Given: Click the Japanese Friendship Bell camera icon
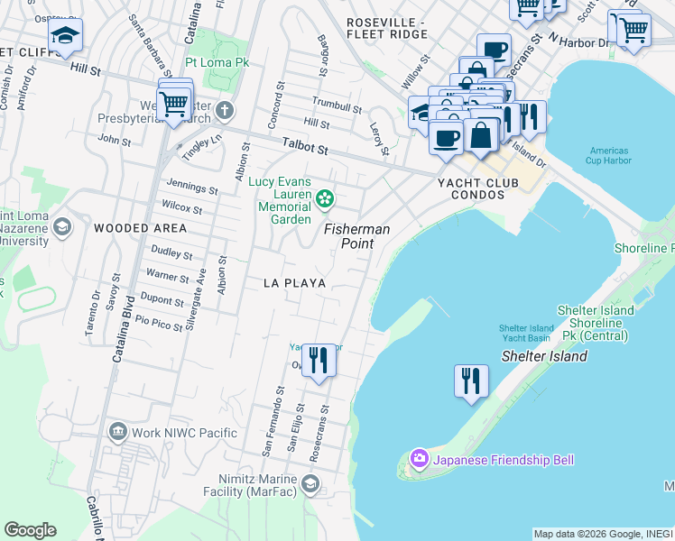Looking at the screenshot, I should point(420,460).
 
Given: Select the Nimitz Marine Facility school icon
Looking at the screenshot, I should point(310,484).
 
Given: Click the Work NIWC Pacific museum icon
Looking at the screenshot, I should point(117,433).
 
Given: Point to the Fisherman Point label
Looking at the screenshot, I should point(357,236).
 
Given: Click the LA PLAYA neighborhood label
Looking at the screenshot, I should point(294,283).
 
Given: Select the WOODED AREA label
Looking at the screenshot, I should point(141,228).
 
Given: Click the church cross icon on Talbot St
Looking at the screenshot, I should point(225,111).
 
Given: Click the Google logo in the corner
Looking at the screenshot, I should point(30,530).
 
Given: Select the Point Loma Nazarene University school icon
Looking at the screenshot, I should point(61,225).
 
